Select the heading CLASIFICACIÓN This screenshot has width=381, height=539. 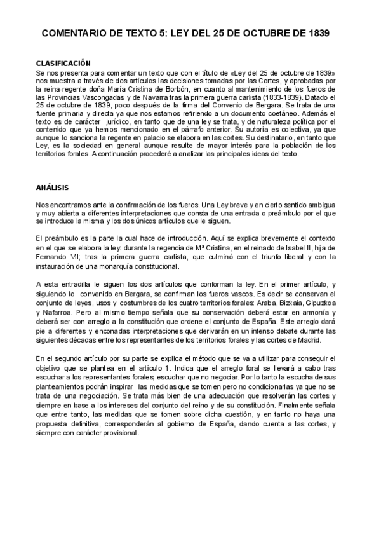pyautogui.click(x=63, y=64)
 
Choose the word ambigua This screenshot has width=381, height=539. pyautogui.click(x=328, y=205)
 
